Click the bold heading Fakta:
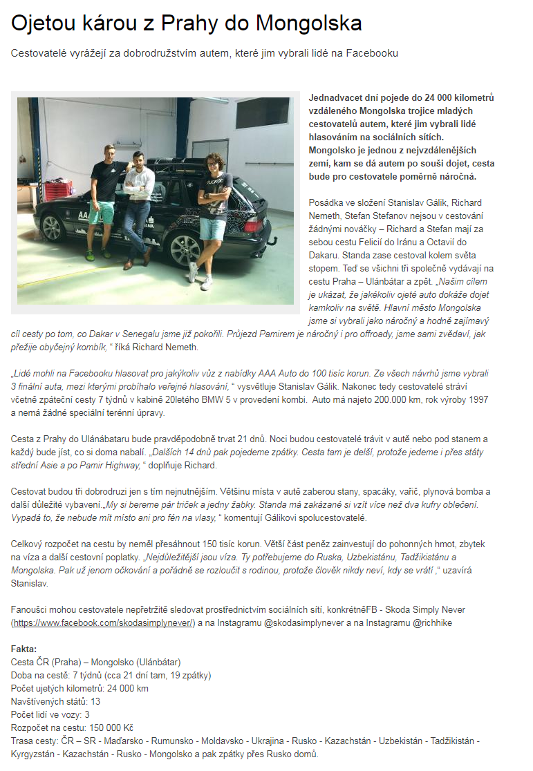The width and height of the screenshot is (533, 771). coord(25,649)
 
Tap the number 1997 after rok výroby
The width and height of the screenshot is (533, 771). coord(476,399)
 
